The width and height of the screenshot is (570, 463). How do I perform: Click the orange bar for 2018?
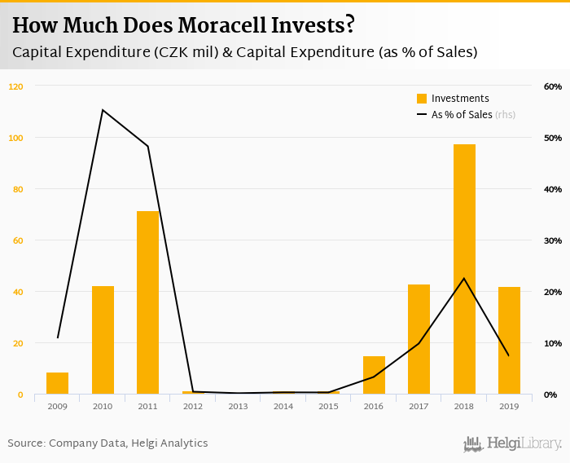point(464,269)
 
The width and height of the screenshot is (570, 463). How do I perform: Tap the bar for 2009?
point(58,383)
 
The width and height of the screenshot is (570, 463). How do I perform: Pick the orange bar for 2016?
point(374,375)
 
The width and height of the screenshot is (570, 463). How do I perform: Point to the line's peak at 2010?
point(103,110)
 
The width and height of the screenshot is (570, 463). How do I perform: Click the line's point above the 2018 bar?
point(464,279)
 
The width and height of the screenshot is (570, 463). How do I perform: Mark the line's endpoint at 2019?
point(509,355)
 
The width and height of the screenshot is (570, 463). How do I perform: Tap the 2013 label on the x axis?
point(238,406)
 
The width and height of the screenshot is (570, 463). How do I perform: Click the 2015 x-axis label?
point(328,406)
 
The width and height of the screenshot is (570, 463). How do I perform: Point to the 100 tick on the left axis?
point(16,138)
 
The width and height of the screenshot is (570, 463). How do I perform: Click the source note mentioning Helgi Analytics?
point(107,443)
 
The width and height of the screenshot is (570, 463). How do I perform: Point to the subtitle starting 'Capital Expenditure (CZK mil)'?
point(244,51)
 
